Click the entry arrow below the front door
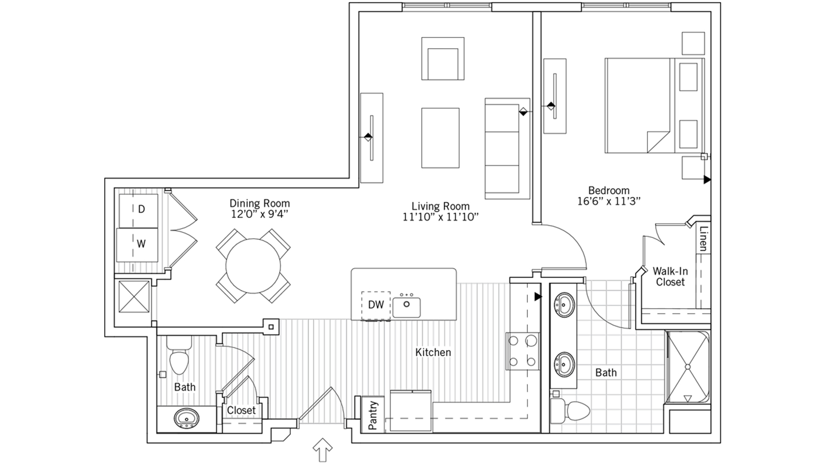tap(323, 450)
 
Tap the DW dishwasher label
tap(376, 305)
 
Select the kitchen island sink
tap(406, 307)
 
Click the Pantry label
tap(373, 415)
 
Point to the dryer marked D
tap(139, 211)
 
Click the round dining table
tap(253, 266)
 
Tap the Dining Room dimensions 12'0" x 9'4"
tap(260, 214)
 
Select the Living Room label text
tap(441, 206)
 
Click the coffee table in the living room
tap(440, 138)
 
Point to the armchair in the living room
tap(443, 58)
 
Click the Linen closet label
tap(703, 239)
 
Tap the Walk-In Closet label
tap(671, 277)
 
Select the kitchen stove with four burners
tap(522, 351)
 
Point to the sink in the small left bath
tap(187, 418)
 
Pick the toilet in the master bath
tap(569, 411)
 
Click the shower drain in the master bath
tap(687, 367)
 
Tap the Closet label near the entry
tap(241, 410)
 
